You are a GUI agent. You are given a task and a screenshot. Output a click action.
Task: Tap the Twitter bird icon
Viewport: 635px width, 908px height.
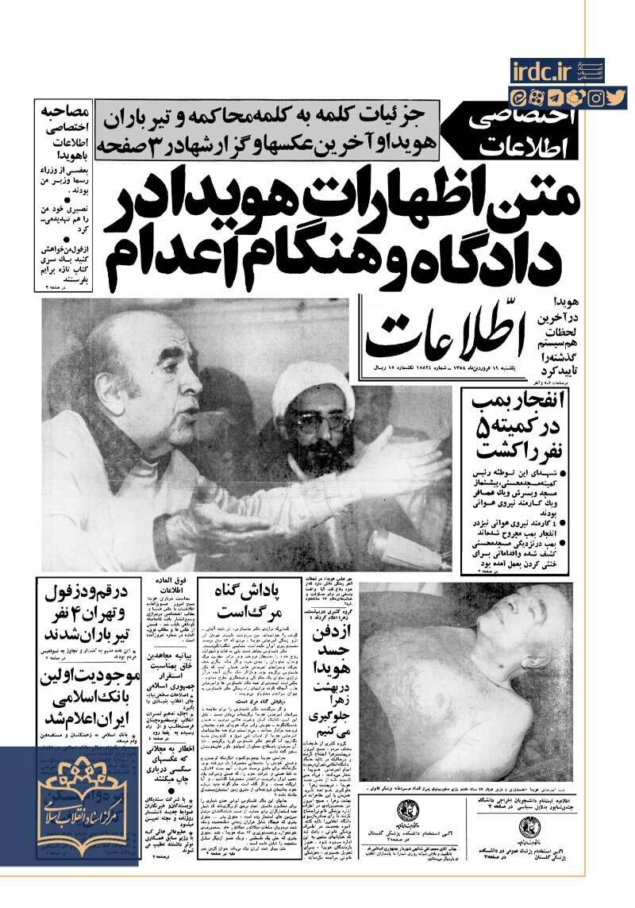pos(616,98)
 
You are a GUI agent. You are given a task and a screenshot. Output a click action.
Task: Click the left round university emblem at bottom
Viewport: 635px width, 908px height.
pos(404,814)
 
